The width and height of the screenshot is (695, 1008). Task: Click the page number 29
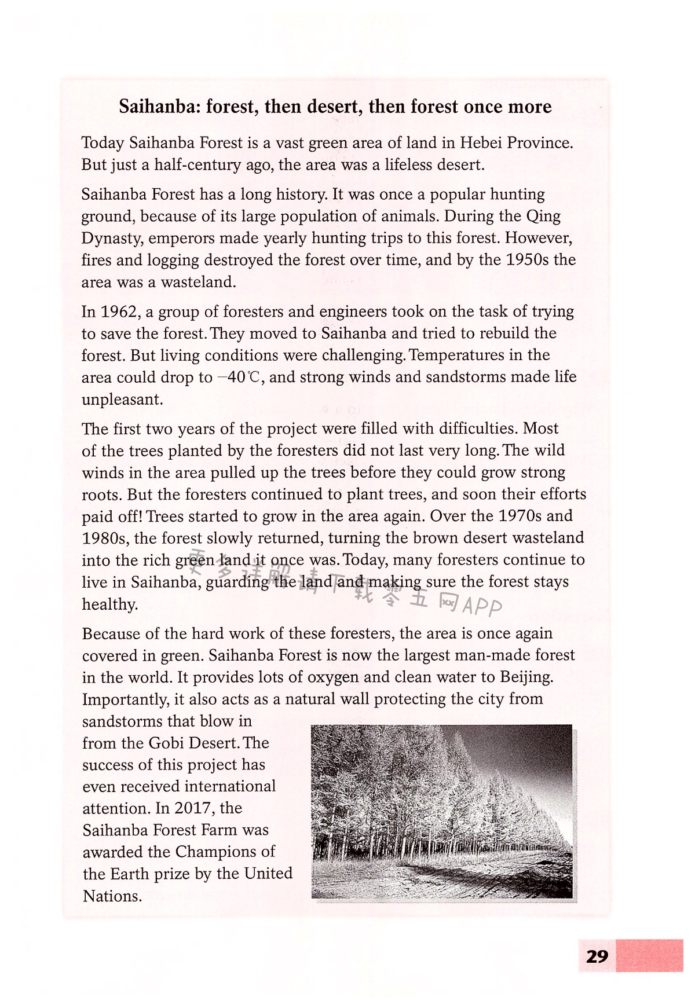click(597, 956)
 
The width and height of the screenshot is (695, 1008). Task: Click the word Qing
click(543, 216)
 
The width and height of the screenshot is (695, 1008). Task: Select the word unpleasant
click(122, 399)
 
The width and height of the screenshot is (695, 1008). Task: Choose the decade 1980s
click(105, 538)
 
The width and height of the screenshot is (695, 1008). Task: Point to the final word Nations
click(112, 896)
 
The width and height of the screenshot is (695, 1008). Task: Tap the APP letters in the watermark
click(481, 606)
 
